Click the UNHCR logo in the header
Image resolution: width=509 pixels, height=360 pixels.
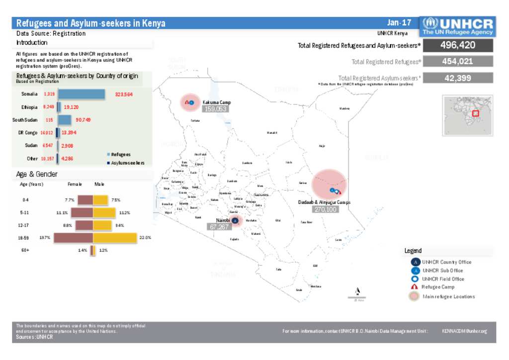click(x=457, y=26)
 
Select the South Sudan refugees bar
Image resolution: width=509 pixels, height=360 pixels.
click(x=65, y=120)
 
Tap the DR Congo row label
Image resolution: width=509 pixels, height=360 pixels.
click(x=28, y=133)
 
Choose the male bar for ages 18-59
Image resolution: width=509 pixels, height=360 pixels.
click(x=115, y=238)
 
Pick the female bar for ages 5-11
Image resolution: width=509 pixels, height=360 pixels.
click(x=82, y=213)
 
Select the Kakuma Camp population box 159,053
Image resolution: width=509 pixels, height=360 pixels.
click(x=215, y=109)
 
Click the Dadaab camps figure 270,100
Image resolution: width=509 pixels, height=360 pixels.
click(x=325, y=209)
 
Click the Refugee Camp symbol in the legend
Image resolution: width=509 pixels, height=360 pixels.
click(x=415, y=287)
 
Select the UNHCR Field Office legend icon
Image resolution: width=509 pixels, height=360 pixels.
click(x=415, y=279)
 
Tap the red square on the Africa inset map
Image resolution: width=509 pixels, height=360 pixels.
click(x=475, y=113)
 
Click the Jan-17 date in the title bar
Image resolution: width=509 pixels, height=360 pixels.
click(x=399, y=23)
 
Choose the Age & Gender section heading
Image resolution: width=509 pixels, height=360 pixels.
click(x=37, y=175)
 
